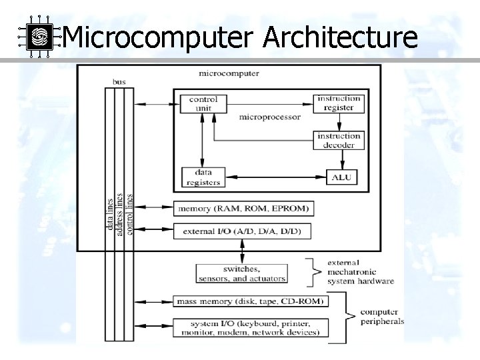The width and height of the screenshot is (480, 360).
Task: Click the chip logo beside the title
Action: pyautogui.click(x=38, y=37)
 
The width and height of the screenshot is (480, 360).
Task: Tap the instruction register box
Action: pyautogui.click(x=339, y=103)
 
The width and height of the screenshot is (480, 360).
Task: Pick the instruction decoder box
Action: pyautogui.click(x=339, y=141)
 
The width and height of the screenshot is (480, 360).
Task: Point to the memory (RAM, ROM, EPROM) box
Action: pyautogui.click(x=243, y=209)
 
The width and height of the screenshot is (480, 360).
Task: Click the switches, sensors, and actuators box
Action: pyautogui.click(x=241, y=273)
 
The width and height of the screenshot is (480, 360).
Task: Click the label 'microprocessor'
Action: pyautogui.click(x=269, y=117)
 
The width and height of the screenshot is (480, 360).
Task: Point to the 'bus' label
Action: pyautogui.click(x=119, y=82)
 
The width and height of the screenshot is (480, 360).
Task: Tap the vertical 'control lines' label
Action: pyautogui.click(x=129, y=214)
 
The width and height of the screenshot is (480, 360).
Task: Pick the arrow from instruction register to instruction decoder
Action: pyautogui.click(x=339, y=121)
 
